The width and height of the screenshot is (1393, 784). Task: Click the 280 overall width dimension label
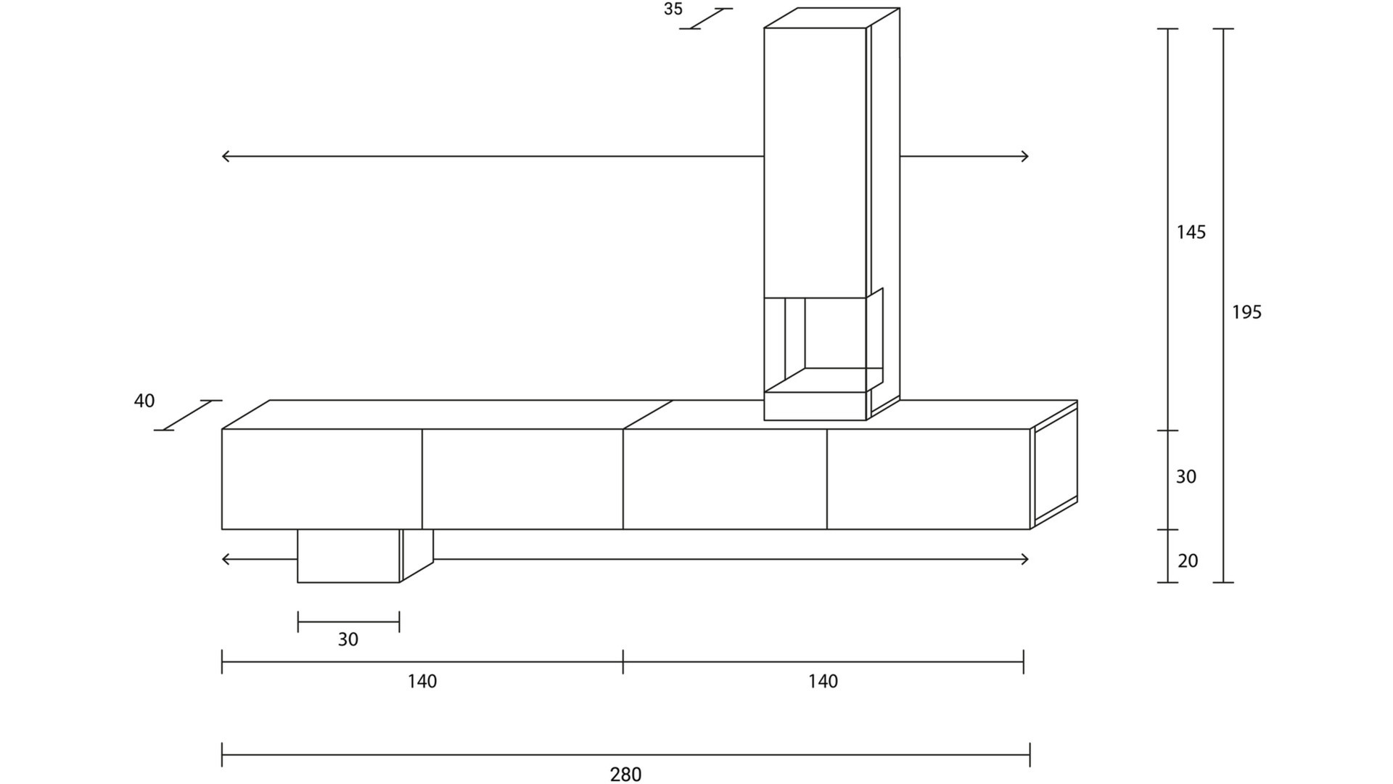click(625, 775)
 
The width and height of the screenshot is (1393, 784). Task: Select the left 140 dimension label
click(422, 682)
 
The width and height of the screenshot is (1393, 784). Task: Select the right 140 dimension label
click(823, 682)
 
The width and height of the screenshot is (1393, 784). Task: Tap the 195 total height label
click(1246, 312)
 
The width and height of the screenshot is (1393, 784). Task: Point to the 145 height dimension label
click(1191, 232)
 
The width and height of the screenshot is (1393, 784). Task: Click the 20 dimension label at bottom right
click(1188, 561)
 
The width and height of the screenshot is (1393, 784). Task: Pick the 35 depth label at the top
click(673, 9)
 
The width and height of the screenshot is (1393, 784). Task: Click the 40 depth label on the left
click(144, 401)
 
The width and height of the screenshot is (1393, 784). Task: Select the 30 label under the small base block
click(348, 640)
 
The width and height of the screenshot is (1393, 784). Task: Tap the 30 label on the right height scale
click(1186, 477)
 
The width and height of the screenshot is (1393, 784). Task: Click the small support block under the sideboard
click(348, 555)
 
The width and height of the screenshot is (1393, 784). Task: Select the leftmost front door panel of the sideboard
click(321, 479)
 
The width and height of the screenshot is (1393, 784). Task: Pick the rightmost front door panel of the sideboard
click(928, 479)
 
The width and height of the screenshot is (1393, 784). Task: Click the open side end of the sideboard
click(1055, 466)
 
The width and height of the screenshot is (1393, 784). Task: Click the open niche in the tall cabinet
click(834, 334)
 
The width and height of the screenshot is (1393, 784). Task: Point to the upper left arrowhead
click(225, 156)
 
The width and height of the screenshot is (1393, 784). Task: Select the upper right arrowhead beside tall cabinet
click(1024, 156)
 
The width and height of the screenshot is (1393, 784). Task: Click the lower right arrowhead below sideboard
click(1024, 559)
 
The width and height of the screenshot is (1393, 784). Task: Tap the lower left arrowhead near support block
click(225, 559)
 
